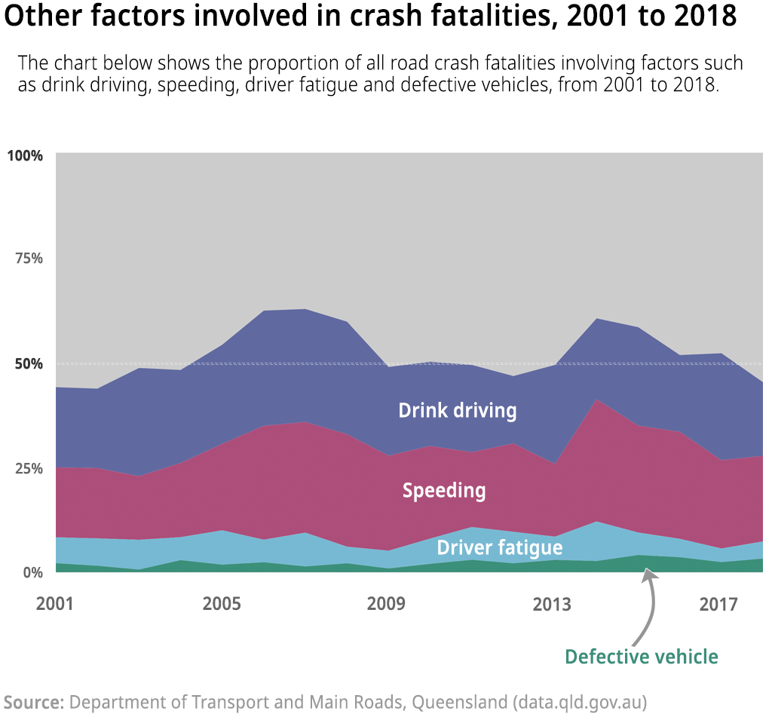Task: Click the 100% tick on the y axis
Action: click(26, 155)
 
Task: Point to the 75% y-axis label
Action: click(29, 258)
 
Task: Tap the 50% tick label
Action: click(29, 363)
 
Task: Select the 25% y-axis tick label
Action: click(29, 467)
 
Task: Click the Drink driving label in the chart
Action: click(457, 411)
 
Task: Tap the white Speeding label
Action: click(443, 491)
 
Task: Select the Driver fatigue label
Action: click(499, 548)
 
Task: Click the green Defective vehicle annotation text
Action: click(641, 657)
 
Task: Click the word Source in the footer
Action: click(34, 703)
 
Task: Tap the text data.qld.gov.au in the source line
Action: click(579, 703)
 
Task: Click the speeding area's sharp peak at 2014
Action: click(597, 400)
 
